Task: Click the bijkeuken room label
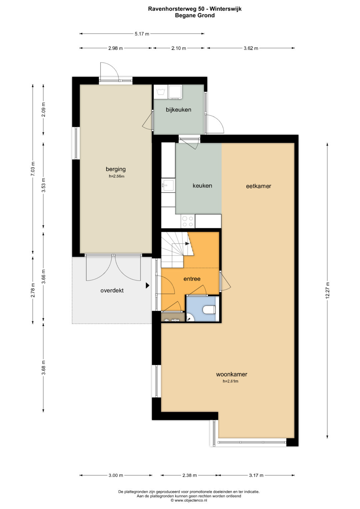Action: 178,110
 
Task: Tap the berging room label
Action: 116,169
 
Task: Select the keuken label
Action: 202,186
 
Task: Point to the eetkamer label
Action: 259,186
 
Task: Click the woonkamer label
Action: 232,374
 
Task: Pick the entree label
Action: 192,279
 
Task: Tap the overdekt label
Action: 112,290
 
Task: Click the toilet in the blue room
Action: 209,309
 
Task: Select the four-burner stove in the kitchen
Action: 188,221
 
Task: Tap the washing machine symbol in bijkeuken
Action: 161,92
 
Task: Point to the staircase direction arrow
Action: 187,244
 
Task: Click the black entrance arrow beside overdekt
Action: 147,285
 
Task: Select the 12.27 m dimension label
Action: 327,290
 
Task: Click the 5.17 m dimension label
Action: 142,34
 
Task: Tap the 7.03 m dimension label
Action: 33,168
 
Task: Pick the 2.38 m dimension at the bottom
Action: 190,475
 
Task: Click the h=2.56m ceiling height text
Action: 117,176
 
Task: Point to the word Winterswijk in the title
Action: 225,9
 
